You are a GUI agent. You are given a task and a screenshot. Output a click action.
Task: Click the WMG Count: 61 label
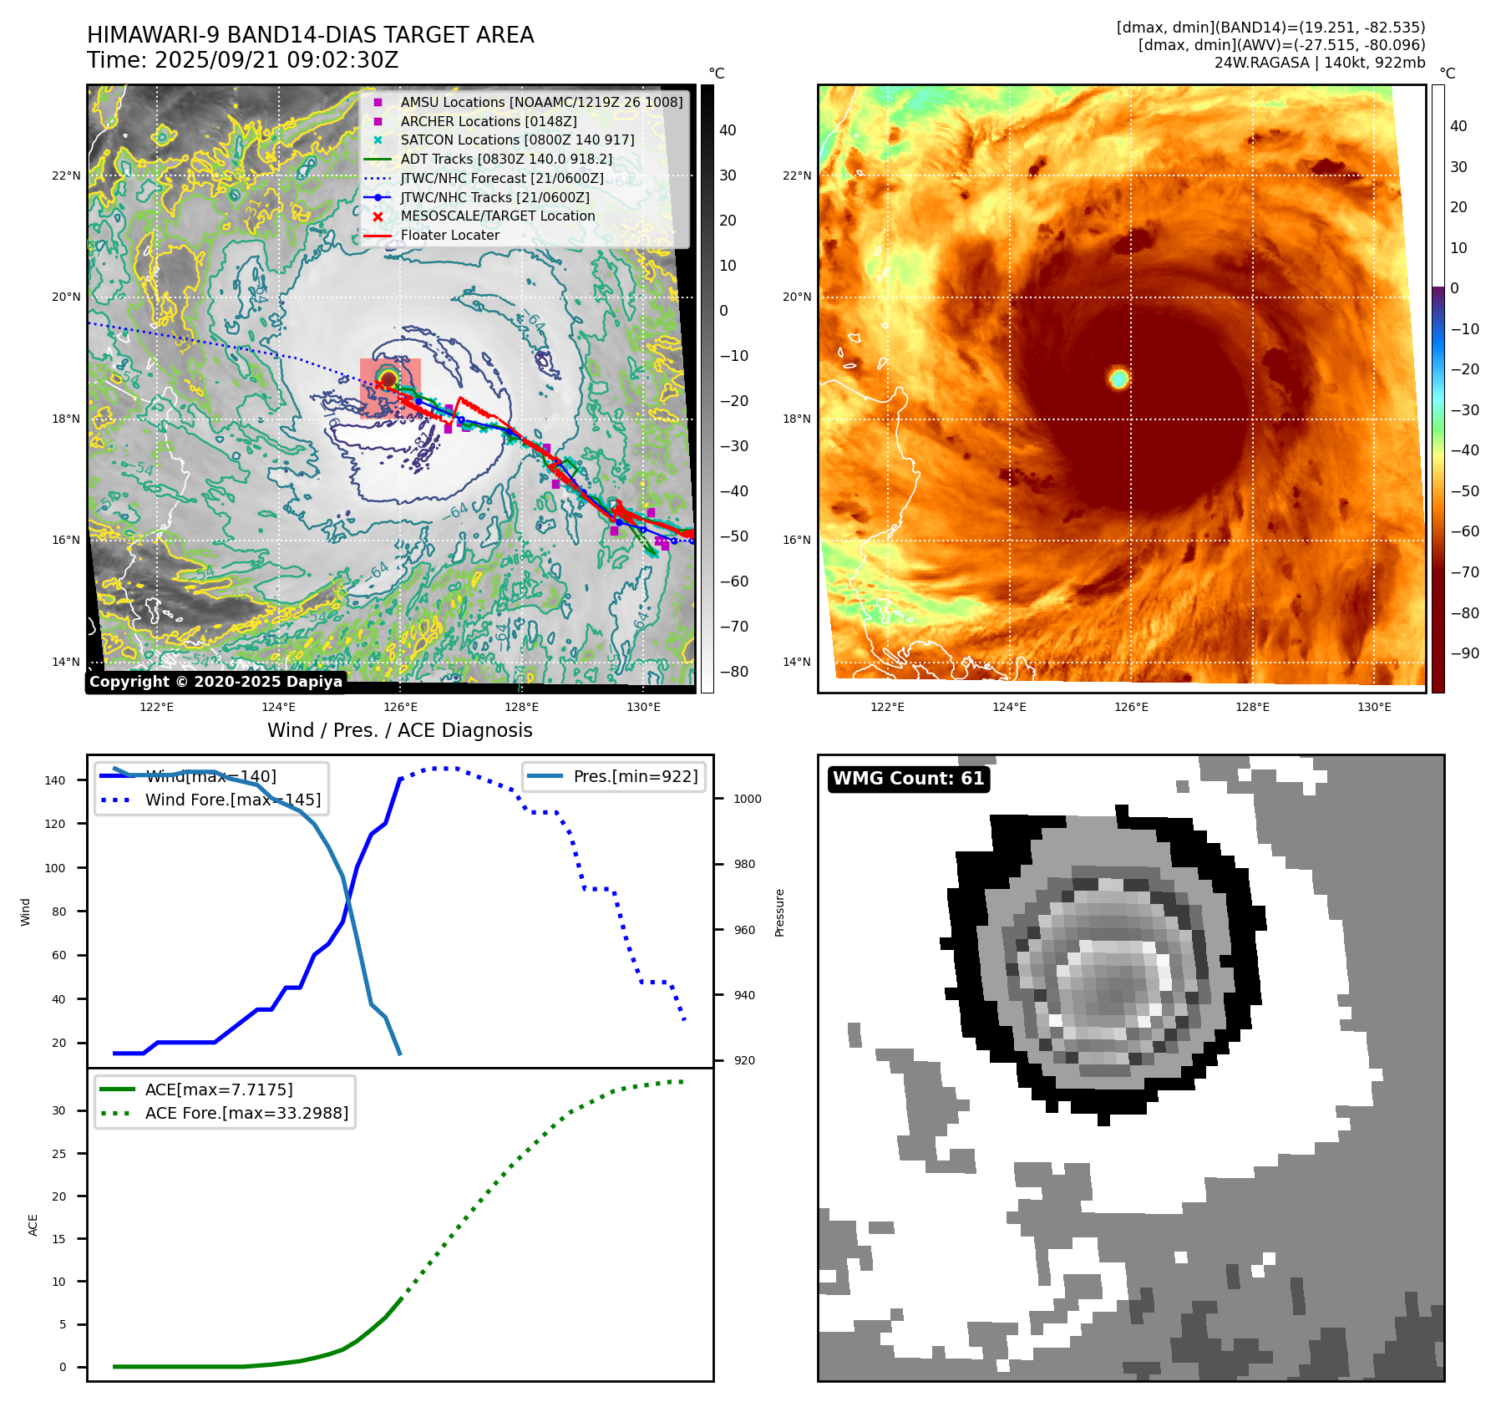(x=908, y=779)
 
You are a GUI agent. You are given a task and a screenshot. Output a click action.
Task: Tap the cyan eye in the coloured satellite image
(x=1118, y=379)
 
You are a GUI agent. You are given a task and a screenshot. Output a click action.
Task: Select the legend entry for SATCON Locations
(x=517, y=140)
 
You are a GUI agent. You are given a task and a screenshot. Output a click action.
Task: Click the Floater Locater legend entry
(x=449, y=236)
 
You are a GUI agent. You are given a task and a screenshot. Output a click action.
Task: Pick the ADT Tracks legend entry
(x=506, y=160)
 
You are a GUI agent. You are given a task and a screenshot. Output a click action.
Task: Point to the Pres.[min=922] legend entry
(x=635, y=776)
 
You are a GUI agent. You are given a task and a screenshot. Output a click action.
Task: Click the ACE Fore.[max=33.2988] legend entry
(x=246, y=1113)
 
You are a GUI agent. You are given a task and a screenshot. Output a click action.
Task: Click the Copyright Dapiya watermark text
(x=216, y=682)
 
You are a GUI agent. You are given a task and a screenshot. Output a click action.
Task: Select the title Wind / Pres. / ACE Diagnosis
(x=399, y=730)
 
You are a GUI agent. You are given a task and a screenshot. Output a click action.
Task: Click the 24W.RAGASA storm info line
(x=1319, y=63)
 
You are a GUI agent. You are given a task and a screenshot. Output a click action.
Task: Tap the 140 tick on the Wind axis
(x=55, y=780)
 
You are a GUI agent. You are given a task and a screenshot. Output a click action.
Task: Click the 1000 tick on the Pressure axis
(x=747, y=799)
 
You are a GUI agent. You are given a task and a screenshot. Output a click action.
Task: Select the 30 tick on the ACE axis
(x=58, y=1110)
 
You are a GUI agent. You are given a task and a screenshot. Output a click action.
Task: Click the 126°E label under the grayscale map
(x=400, y=707)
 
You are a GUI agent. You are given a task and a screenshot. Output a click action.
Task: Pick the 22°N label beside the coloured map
(x=796, y=175)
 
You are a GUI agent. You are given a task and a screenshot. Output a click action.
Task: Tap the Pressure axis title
(x=779, y=912)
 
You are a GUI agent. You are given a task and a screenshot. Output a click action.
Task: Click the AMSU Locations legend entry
(x=540, y=103)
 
